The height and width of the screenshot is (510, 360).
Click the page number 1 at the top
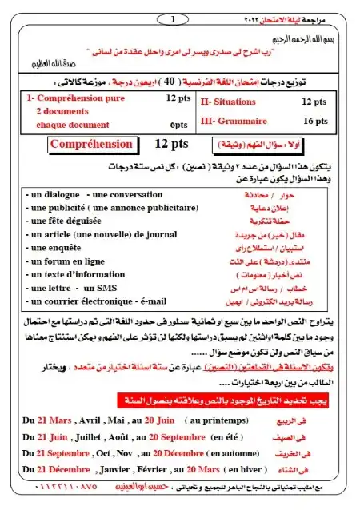click(174, 18)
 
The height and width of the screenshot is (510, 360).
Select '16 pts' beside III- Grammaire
click(314, 121)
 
